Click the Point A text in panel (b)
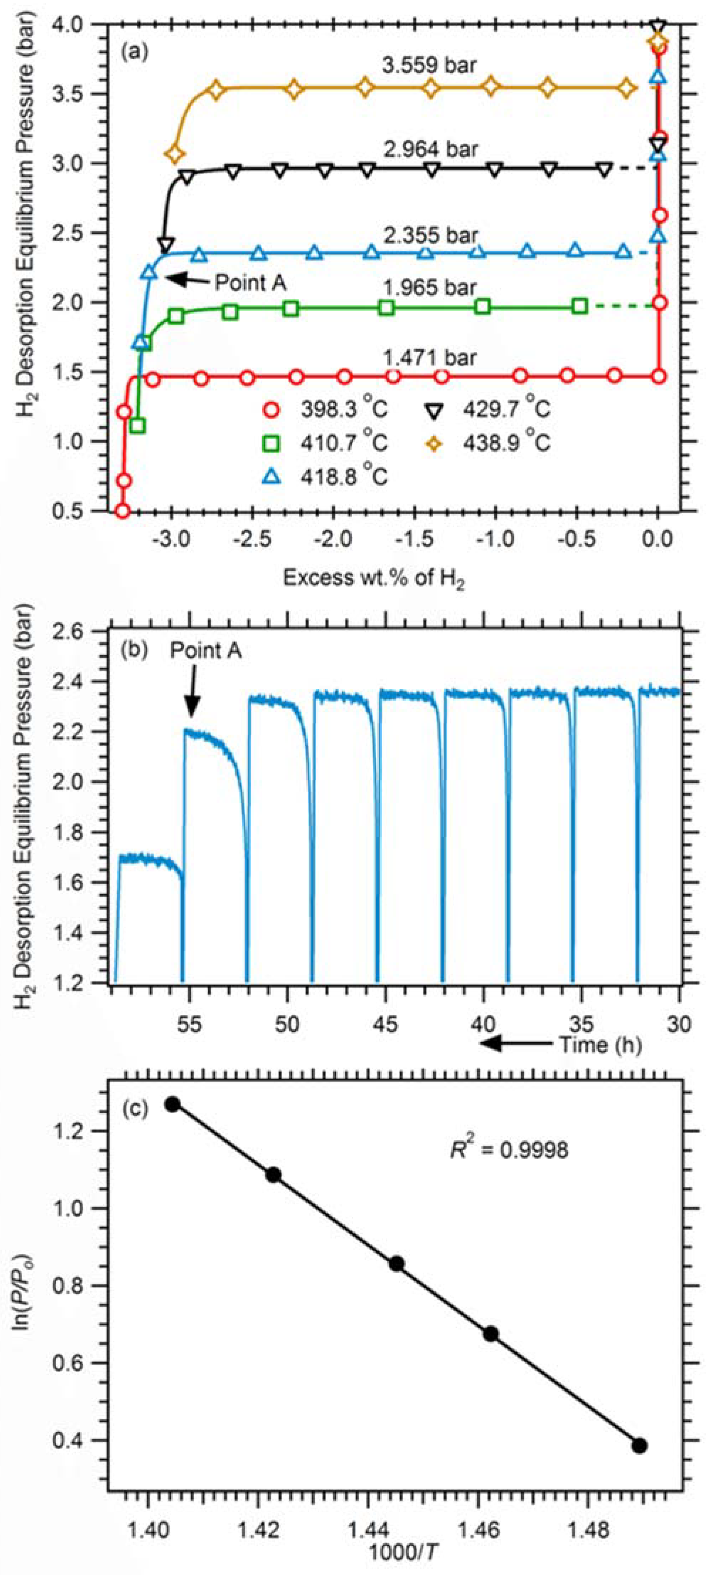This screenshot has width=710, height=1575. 206,651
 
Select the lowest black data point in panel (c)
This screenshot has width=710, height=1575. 639,1446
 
